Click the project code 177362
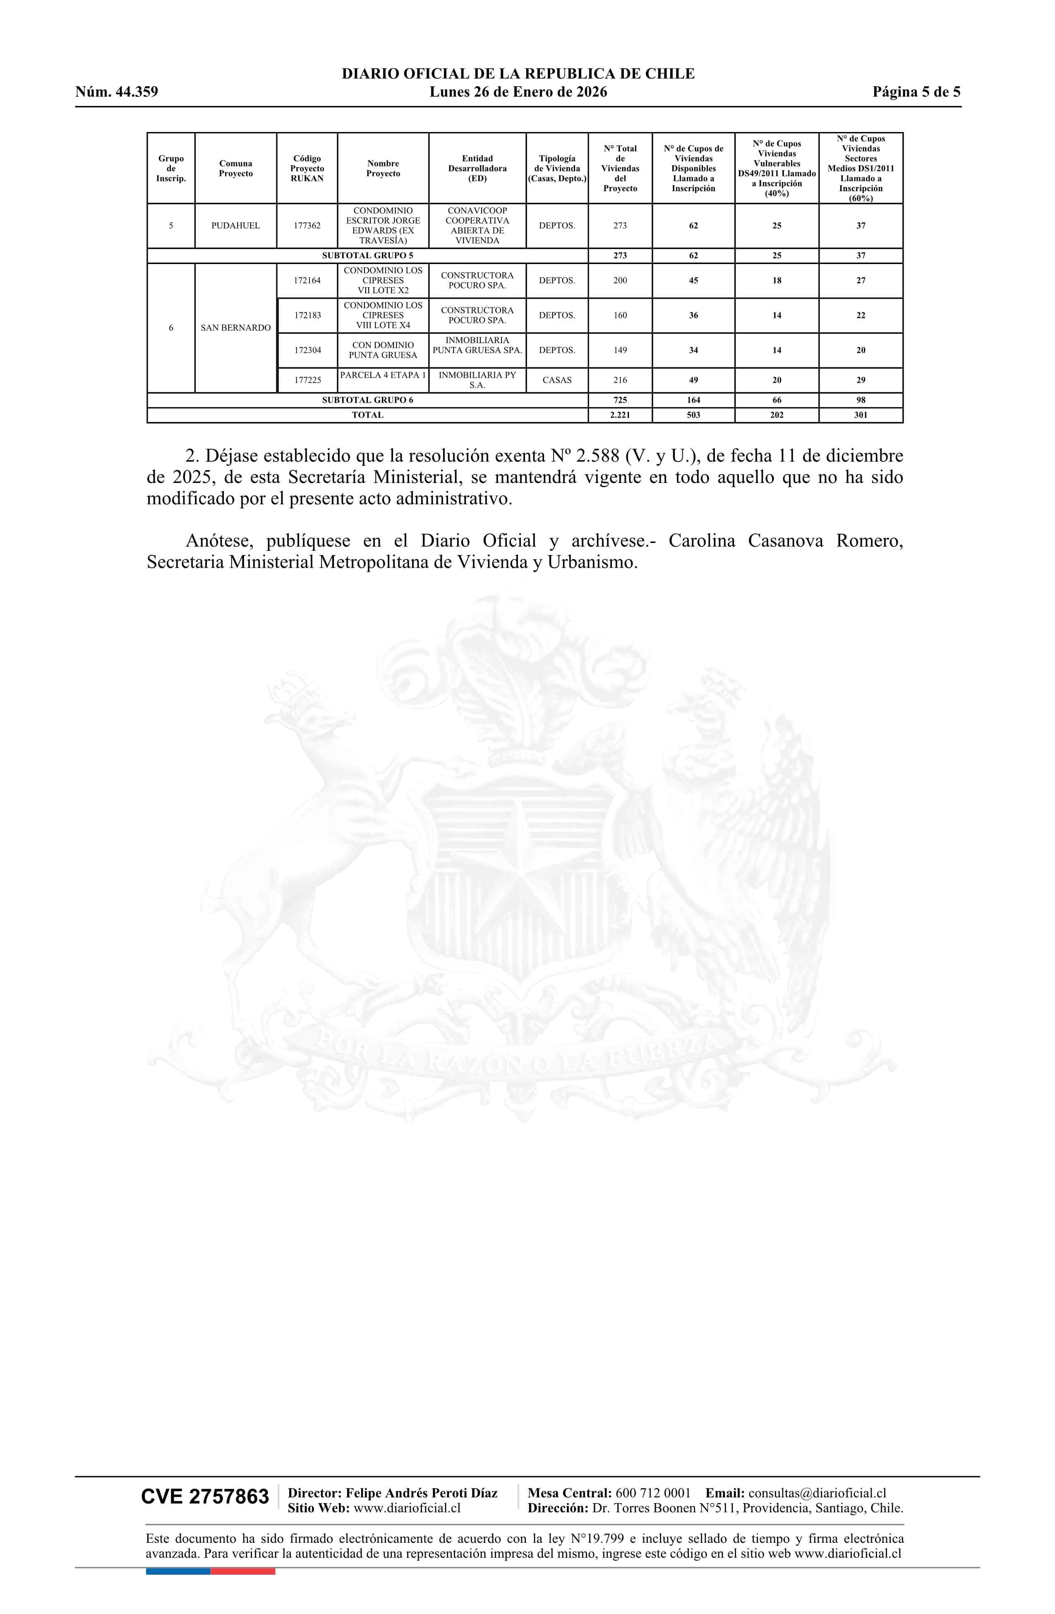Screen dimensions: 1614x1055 (307, 226)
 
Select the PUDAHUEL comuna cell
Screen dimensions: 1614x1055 (235, 226)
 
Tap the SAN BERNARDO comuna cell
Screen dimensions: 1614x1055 (235, 328)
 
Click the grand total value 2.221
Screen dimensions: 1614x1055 (620, 415)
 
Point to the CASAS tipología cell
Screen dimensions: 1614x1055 (556, 380)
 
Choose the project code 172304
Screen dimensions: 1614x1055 (307, 351)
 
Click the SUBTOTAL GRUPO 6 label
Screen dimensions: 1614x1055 (367, 400)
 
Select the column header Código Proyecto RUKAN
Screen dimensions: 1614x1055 (307, 168)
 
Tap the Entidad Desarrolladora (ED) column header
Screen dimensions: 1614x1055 (477, 168)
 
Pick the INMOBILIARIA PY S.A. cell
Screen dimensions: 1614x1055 (477, 380)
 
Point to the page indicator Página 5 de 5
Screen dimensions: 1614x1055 (916, 92)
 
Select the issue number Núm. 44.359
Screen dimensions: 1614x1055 (117, 92)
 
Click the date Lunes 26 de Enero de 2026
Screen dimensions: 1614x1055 (518, 92)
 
